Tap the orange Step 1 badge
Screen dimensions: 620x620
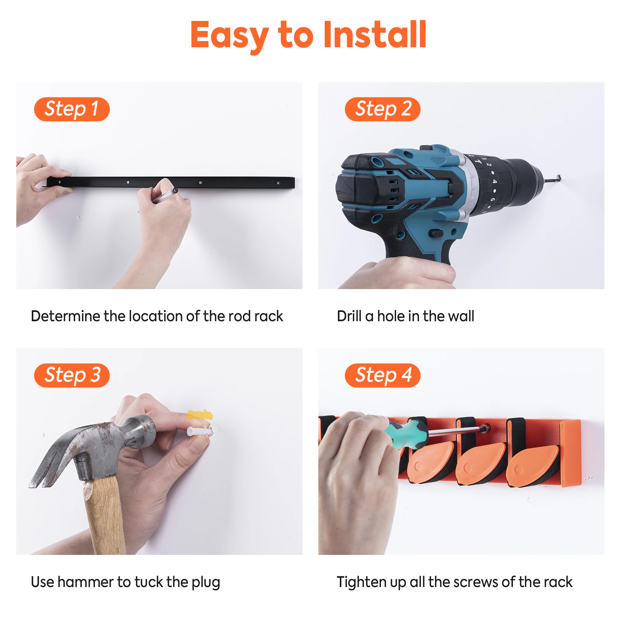tap(72, 109)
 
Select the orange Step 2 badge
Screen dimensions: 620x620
tap(382, 109)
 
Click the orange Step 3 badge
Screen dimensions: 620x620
tap(72, 375)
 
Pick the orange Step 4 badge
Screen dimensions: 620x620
tap(382, 375)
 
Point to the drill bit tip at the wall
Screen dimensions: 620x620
tap(559, 178)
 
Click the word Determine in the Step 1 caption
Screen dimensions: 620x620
tap(65, 316)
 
